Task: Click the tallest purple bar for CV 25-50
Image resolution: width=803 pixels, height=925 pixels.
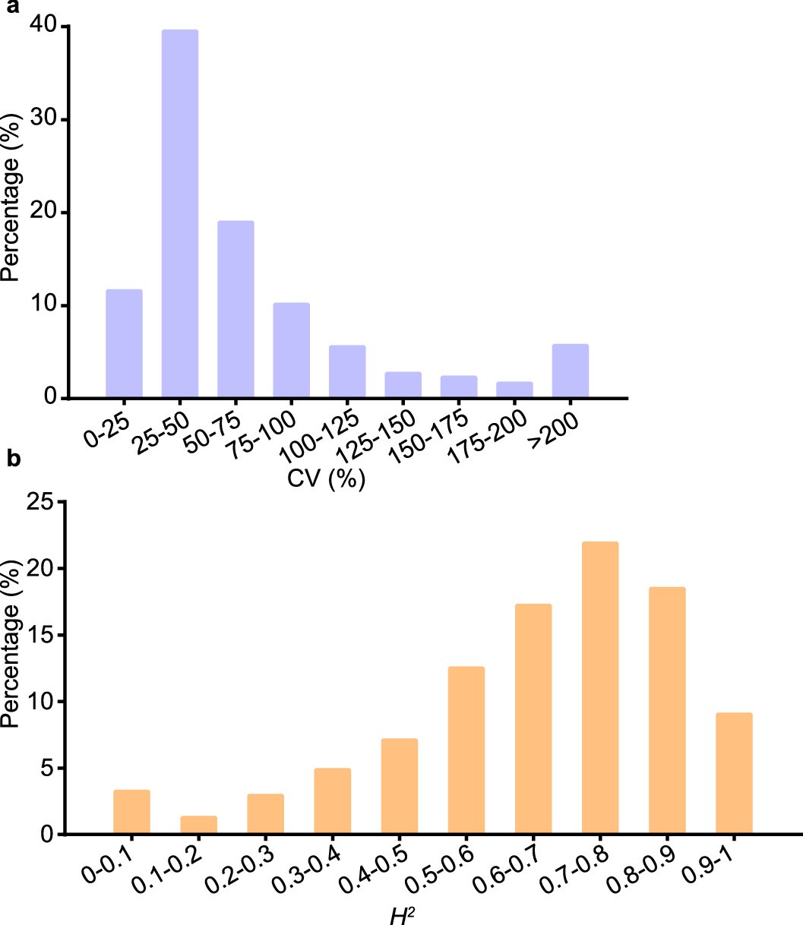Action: tap(180, 213)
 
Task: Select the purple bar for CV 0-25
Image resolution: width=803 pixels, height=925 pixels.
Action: tap(125, 343)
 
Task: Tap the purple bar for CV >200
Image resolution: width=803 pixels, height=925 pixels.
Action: tap(570, 371)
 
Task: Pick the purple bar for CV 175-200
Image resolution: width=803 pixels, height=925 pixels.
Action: tap(514, 389)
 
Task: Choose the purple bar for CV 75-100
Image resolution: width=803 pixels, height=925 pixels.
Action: tap(291, 350)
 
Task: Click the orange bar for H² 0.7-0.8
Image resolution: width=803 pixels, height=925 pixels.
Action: tap(600, 688)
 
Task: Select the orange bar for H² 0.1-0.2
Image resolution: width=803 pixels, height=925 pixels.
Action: tap(198, 826)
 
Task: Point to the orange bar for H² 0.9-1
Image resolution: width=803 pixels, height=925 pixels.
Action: tap(734, 773)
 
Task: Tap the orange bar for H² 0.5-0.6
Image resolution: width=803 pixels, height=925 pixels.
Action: tap(466, 750)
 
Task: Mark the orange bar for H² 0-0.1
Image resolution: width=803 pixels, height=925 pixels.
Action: tap(131, 812)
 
